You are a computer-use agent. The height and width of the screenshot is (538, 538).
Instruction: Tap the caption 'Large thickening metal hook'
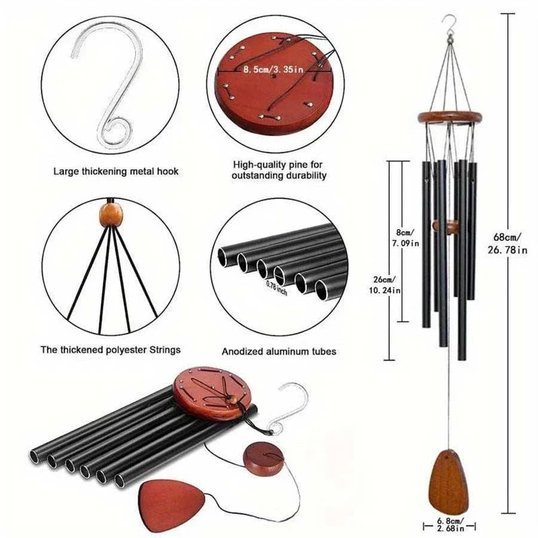(x=116, y=172)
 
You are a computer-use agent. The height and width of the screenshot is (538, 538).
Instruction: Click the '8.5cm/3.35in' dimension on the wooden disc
(x=273, y=70)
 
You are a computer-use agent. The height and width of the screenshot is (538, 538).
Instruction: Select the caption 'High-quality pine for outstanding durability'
(x=280, y=169)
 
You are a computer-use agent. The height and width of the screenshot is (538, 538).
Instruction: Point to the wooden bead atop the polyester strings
(x=109, y=215)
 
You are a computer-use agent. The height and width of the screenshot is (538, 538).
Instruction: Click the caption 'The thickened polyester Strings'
(x=110, y=350)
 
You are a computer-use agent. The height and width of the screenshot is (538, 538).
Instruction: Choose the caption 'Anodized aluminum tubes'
(x=279, y=351)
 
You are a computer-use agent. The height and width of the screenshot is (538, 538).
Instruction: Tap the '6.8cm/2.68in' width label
(x=450, y=525)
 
